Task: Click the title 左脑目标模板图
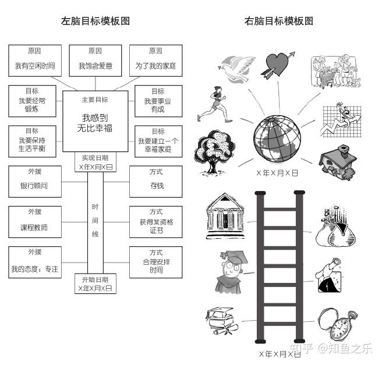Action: (95, 21)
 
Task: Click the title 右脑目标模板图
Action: (279, 21)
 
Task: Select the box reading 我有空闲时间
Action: (35, 61)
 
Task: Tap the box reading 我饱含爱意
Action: (95, 61)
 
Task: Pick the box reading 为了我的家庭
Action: (155, 61)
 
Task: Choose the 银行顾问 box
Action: (35, 181)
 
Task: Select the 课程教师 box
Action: (35, 221)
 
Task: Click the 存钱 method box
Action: (156, 181)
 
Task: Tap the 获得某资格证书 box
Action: (156, 221)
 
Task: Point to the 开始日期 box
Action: (95, 283)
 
